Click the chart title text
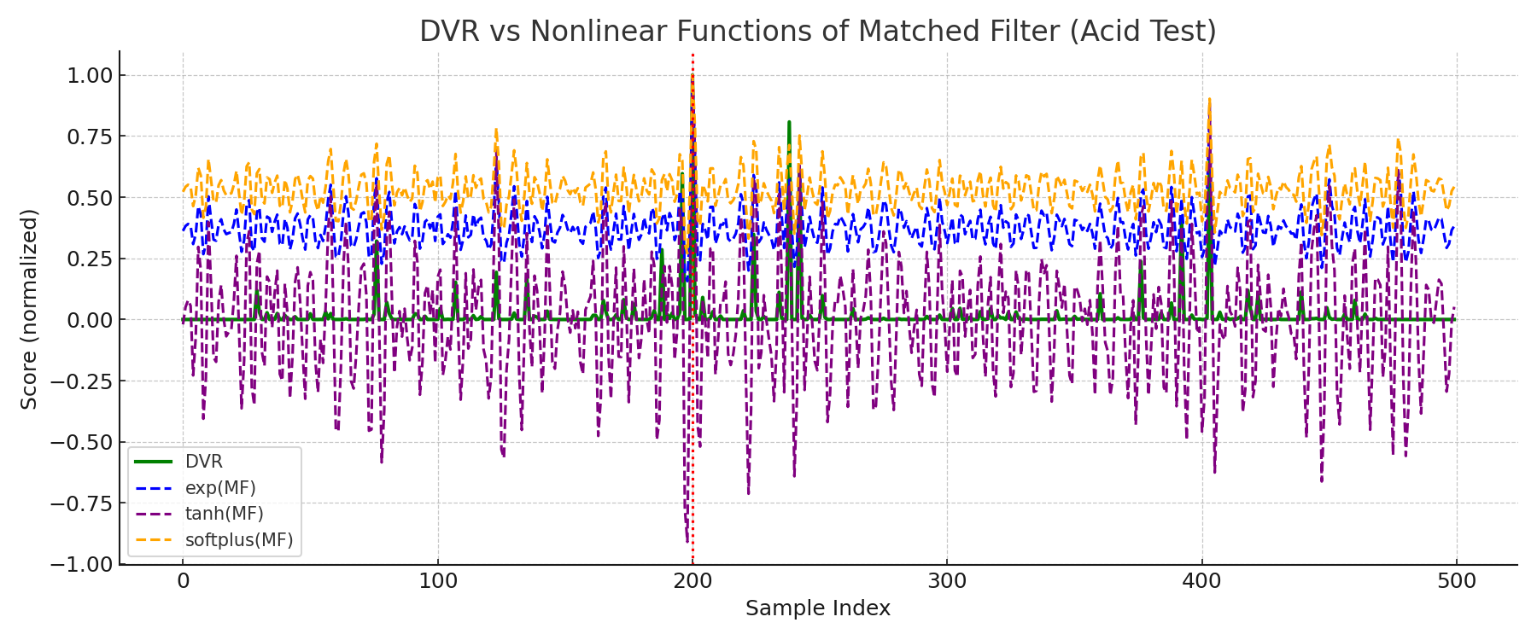pyautogui.click(x=817, y=32)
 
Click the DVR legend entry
pyautogui.click(x=203, y=462)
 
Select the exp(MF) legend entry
pyautogui.click(x=219, y=488)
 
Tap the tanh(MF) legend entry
pyautogui.click(x=224, y=514)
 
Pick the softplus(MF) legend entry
pyautogui.click(x=238, y=540)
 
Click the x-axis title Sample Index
pyautogui.click(x=817, y=608)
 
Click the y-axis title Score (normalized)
pyautogui.click(x=30, y=308)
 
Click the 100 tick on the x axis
pyautogui.click(x=437, y=582)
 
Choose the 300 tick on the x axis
pyautogui.click(x=947, y=582)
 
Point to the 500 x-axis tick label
pyautogui.click(x=1457, y=582)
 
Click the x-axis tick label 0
pyautogui.click(x=183, y=582)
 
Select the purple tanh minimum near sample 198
pyautogui.click(x=687, y=539)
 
